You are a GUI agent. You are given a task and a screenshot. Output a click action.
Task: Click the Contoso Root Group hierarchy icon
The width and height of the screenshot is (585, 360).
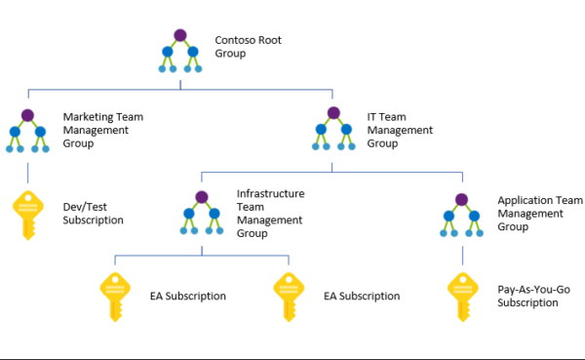point(178,50)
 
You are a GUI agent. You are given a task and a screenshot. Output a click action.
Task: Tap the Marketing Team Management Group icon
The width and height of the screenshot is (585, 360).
point(27,132)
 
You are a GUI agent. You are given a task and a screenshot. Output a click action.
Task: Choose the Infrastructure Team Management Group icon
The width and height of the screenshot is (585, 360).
point(202,214)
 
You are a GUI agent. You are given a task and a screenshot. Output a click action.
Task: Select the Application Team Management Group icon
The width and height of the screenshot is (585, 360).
point(462,214)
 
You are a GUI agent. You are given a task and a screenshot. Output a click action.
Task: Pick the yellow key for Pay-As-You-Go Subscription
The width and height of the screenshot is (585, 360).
point(461,296)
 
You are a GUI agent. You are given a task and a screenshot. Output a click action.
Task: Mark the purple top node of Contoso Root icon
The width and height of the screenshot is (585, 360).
point(178,35)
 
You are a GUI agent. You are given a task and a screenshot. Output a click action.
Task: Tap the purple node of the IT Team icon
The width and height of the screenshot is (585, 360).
point(332,114)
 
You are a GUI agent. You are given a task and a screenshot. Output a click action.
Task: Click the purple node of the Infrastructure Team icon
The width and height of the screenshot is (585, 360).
point(202,198)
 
